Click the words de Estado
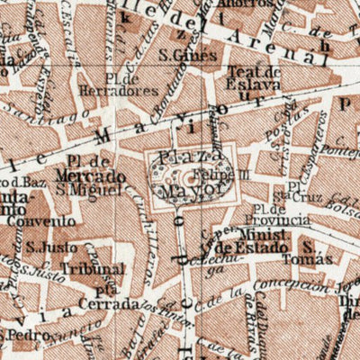(x=251, y=246)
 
